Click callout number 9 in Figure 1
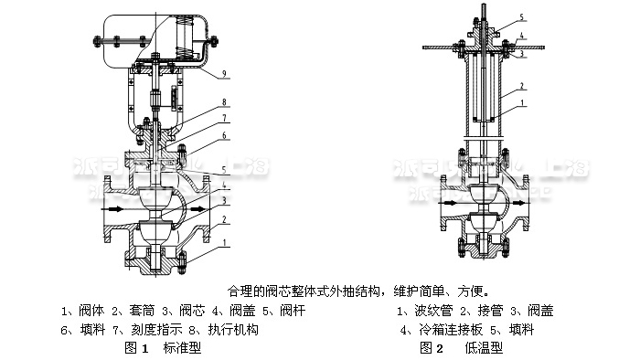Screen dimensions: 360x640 (224, 72)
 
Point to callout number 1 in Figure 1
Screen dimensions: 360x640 (224, 242)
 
